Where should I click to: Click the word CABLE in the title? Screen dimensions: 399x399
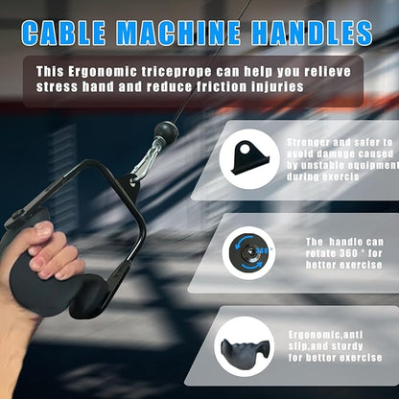pos(63,33)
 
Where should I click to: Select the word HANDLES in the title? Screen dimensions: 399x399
pos(312,33)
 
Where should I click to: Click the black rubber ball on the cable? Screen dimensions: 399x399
pos(165,130)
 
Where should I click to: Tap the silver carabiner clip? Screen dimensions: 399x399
pos(146,160)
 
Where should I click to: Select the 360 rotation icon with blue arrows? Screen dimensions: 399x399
pos(249,252)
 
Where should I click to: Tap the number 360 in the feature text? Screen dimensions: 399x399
pos(346,253)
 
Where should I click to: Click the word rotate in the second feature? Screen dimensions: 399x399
pos(318,253)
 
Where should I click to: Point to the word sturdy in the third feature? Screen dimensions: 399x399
pos(347,346)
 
